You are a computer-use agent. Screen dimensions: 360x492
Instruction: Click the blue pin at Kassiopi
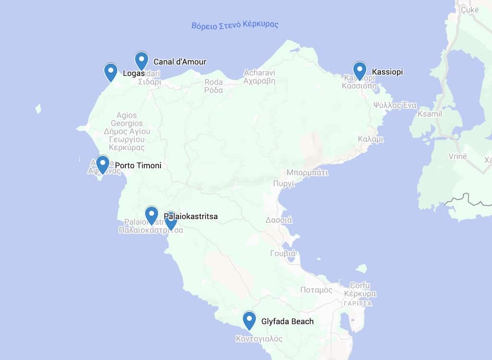(x=359, y=70)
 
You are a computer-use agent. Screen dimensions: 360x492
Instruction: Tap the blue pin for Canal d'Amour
(x=141, y=60)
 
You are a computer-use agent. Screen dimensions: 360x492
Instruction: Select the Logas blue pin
(x=111, y=72)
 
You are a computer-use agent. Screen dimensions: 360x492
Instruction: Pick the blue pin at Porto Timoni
(x=102, y=164)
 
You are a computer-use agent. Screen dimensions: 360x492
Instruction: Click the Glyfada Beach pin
(x=249, y=320)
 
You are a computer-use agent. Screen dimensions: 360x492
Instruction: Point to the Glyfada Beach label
(x=287, y=322)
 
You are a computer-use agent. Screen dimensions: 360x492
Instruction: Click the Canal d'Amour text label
(x=180, y=62)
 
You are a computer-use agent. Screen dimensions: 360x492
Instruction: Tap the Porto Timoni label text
(x=138, y=166)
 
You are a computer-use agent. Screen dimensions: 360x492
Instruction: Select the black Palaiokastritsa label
(x=191, y=216)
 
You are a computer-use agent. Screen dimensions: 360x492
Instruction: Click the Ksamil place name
(x=430, y=114)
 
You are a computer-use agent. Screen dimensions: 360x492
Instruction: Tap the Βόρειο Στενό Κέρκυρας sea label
(x=235, y=25)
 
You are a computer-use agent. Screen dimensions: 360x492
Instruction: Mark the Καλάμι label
(x=371, y=139)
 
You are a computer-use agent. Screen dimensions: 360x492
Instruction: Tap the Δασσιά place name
(x=279, y=220)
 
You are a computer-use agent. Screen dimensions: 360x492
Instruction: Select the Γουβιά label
(x=283, y=253)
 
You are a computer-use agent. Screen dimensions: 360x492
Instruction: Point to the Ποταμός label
(x=316, y=290)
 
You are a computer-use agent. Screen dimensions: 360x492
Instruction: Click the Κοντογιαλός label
(x=259, y=339)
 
